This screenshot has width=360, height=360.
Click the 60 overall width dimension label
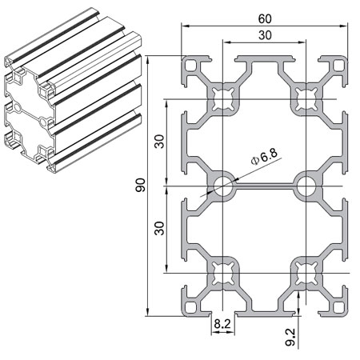(x=263, y=17)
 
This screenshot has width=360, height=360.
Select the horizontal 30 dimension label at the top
(x=263, y=34)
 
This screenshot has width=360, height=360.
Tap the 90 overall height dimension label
(x=141, y=186)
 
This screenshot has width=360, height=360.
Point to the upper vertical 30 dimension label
(x=159, y=141)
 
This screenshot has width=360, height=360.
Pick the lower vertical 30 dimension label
(x=159, y=229)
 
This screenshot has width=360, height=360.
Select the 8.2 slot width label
(x=223, y=325)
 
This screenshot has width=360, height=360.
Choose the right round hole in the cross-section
(x=304, y=186)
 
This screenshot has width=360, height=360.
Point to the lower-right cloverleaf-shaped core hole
(x=304, y=272)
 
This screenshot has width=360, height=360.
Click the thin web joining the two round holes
(x=263, y=186)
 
